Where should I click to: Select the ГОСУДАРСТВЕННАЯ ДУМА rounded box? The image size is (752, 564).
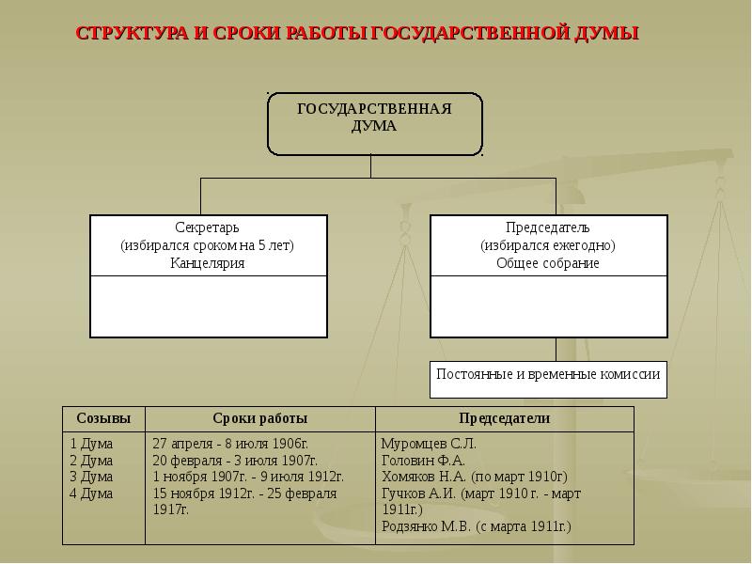tap(374, 124)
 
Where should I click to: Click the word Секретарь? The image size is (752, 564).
tap(207, 227)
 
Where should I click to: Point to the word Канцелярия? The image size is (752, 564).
tap(207, 263)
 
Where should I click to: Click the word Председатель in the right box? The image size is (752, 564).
tap(548, 227)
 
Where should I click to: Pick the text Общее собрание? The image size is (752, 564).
tap(548, 263)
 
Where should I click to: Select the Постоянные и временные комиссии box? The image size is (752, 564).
tap(548, 380)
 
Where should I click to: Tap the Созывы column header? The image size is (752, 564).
tap(103, 418)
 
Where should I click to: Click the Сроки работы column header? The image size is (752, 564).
tap(260, 418)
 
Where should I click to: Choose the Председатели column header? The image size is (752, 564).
tap(505, 418)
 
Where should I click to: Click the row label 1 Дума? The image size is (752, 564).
tap(91, 443)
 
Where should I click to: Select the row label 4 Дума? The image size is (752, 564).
tap(91, 493)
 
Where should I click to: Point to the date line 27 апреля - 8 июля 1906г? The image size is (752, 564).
tap(230, 443)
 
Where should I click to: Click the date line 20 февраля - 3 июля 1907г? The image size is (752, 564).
tap(235, 461)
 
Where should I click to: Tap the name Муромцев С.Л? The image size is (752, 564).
tap(429, 443)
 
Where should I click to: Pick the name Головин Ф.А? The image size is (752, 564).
tap(424, 461)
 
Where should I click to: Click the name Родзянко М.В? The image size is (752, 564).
tap(427, 526)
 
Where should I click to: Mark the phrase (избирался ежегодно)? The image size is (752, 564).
tap(548, 245)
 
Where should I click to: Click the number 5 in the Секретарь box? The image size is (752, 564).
tap(262, 245)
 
